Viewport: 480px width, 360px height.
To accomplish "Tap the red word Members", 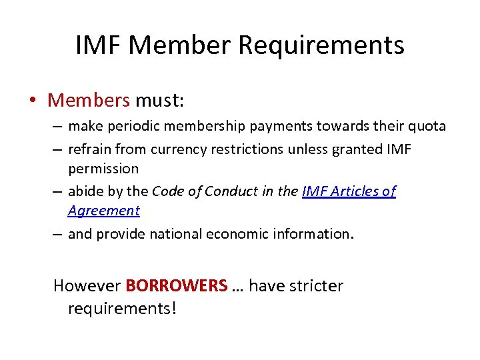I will [89, 101].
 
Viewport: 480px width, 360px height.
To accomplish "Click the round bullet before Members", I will [32, 101].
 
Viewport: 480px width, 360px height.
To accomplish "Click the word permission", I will [103, 169].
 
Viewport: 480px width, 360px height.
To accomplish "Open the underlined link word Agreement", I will [104, 211].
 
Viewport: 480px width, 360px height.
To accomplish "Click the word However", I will [87, 286].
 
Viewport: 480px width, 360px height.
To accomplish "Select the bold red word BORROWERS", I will [177, 286].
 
